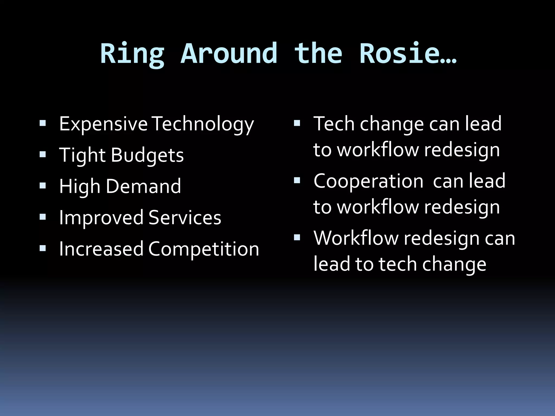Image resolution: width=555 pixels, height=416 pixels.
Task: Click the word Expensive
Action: click(x=103, y=124)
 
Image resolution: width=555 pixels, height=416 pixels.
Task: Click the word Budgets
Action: click(x=147, y=155)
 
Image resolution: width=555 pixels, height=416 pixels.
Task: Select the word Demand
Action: click(x=143, y=186)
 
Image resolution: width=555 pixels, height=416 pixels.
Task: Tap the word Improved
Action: click(x=101, y=218)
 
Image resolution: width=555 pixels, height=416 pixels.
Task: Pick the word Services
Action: click(x=185, y=218)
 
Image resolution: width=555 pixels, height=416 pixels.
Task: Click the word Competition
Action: click(x=204, y=249)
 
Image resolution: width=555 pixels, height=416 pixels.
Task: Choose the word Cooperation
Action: click(x=368, y=181)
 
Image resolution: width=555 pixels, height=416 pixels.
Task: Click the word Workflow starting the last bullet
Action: click(x=356, y=238)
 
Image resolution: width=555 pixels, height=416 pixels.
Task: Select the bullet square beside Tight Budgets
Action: click(x=43, y=155)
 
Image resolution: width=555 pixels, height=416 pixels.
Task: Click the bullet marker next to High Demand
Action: click(x=43, y=186)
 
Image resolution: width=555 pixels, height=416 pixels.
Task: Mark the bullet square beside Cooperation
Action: click(x=297, y=181)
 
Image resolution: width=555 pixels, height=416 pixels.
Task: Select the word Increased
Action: click(x=101, y=249)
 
